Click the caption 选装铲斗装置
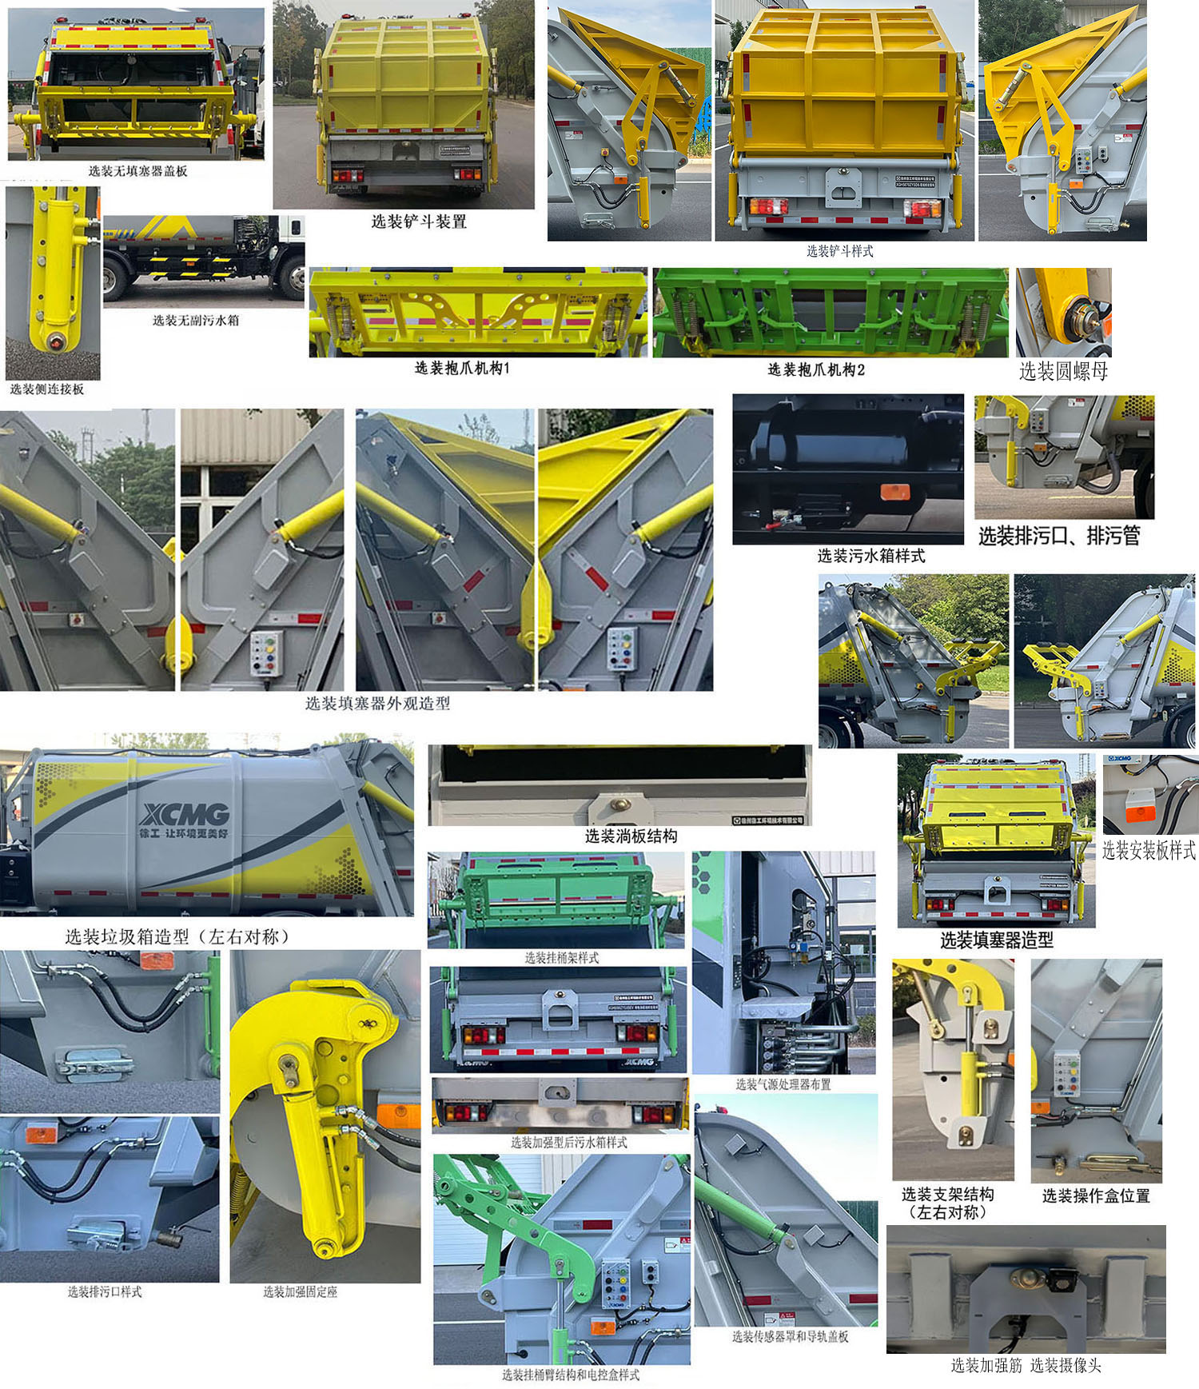click(418, 222)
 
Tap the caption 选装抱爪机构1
click(462, 368)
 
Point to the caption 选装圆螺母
click(1063, 371)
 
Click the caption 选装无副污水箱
click(196, 320)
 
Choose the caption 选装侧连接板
click(47, 389)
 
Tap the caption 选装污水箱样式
click(870, 555)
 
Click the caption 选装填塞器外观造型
click(377, 703)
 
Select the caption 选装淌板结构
click(631, 836)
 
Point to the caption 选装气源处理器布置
click(783, 1084)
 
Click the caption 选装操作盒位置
click(1096, 1195)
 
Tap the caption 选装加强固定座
click(300, 1291)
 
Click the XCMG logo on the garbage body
click(185, 814)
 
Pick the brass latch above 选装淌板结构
click(619, 804)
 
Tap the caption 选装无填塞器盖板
click(137, 170)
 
